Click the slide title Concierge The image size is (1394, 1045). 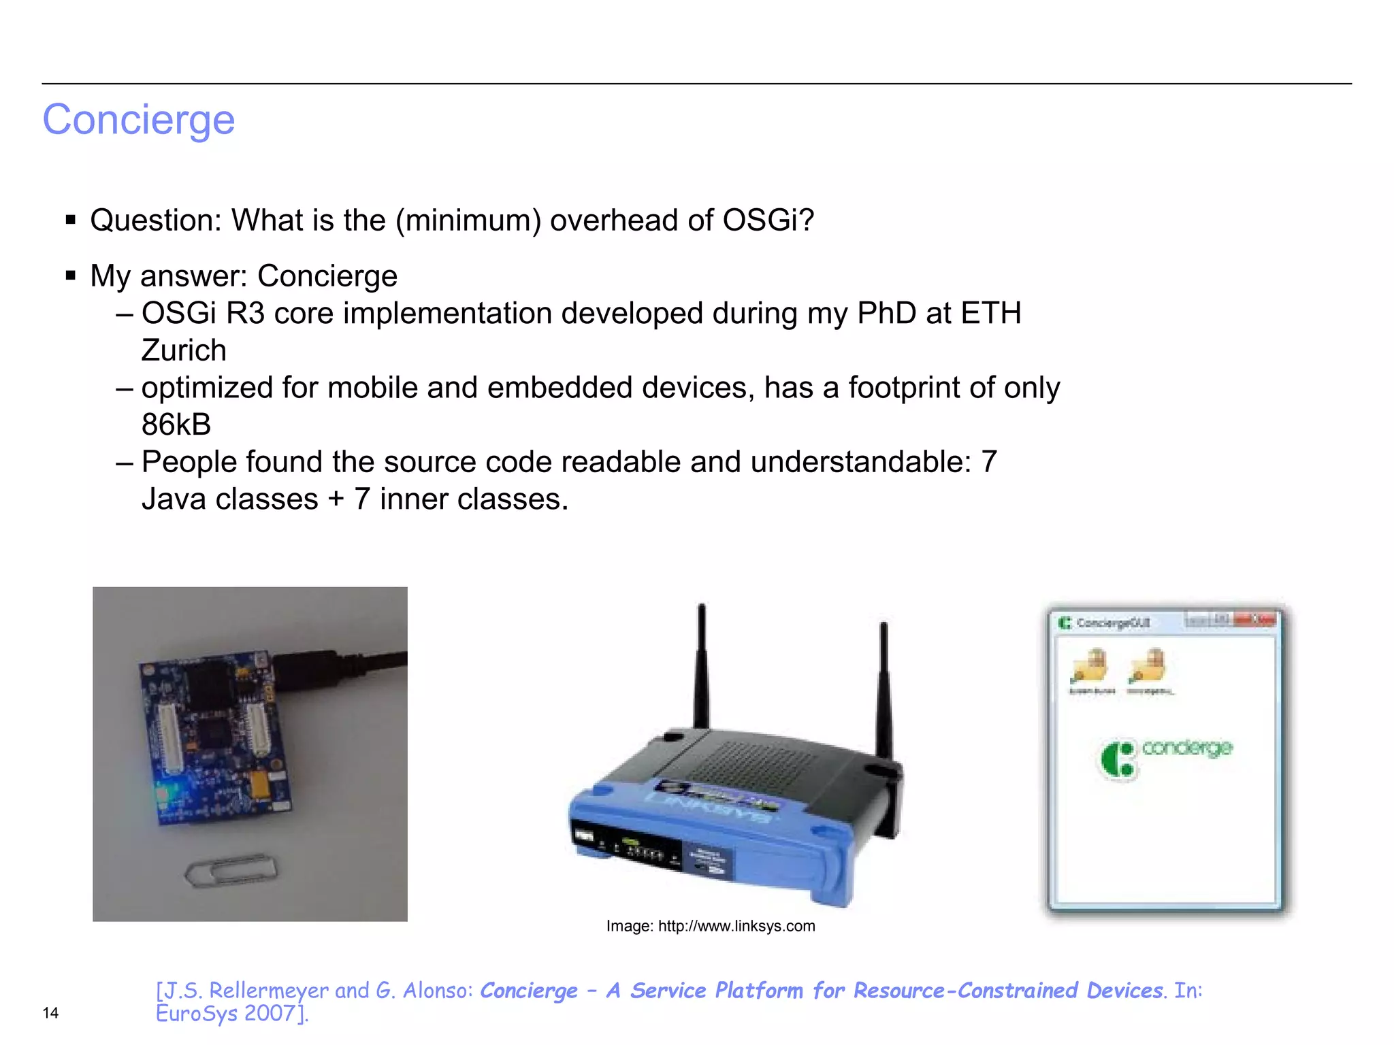coord(139,120)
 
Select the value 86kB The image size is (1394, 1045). coord(176,425)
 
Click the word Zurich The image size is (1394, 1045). coord(184,350)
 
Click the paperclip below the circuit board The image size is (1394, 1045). coord(231,870)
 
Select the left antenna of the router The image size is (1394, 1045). coord(701,667)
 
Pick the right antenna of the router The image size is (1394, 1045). coord(884,687)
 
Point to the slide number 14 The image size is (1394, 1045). coord(50,1013)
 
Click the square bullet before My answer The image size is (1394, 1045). coord(71,276)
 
